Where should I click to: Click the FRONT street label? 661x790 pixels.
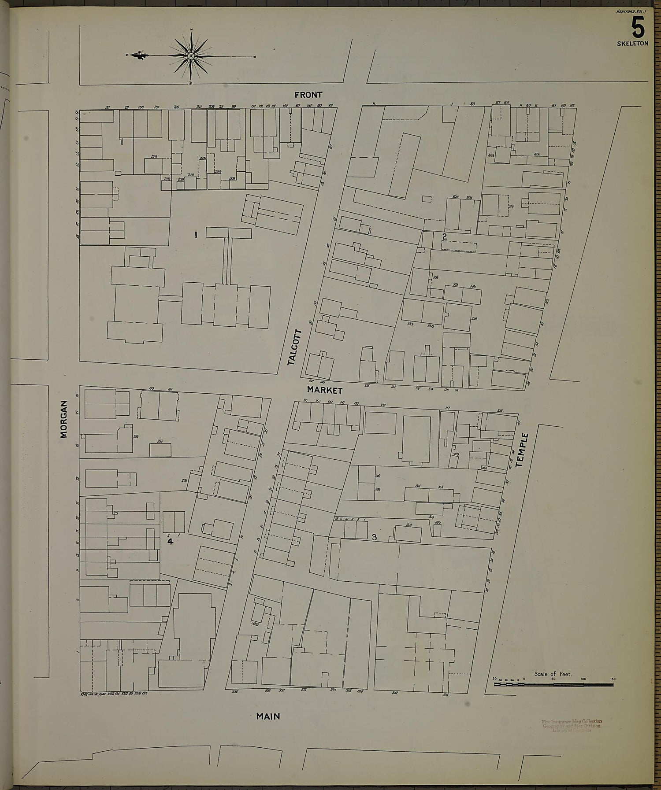pos(308,95)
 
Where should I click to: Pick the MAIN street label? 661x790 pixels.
pos(268,716)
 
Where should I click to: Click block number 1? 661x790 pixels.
pos(196,236)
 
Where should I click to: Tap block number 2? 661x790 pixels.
pos(445,236)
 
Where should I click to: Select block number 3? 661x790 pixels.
pos(374,537)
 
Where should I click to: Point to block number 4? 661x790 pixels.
pos(170,542)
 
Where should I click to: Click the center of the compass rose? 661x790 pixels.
pos(191,56)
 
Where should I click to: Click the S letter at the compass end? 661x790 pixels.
pos(255,56)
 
